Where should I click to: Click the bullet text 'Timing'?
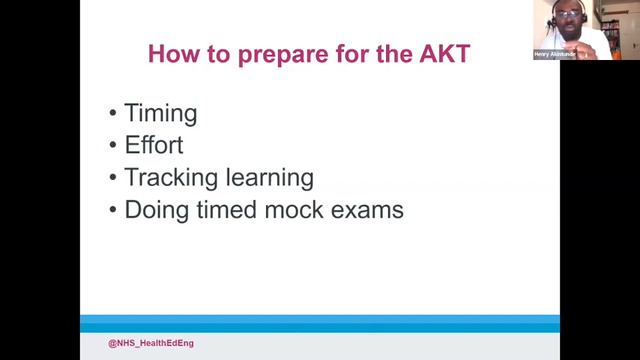tap(161, 113)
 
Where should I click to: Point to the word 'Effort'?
tap(154, 145)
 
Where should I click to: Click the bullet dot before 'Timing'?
tap(112, 114)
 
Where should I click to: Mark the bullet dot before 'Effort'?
tap(112, 146)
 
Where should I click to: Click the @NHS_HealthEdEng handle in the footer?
tap(151, 343)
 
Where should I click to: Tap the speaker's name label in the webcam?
tap(555, 55)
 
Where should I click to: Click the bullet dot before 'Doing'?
tap(112, 211)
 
